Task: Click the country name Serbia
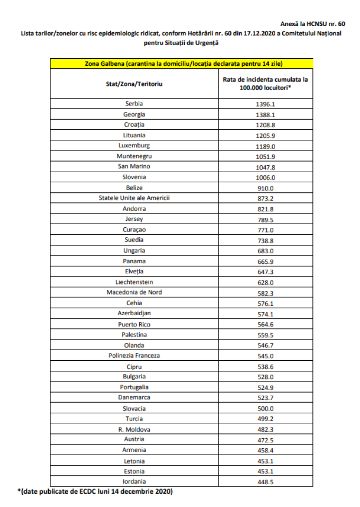134,104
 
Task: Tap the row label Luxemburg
134,146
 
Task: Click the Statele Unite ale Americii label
134,198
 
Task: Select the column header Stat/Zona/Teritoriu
134,84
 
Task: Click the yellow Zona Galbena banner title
183,64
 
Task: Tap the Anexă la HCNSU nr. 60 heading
312,24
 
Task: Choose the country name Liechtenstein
134,282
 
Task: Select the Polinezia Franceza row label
134,355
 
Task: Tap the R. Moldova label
134,429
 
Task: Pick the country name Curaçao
134,230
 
